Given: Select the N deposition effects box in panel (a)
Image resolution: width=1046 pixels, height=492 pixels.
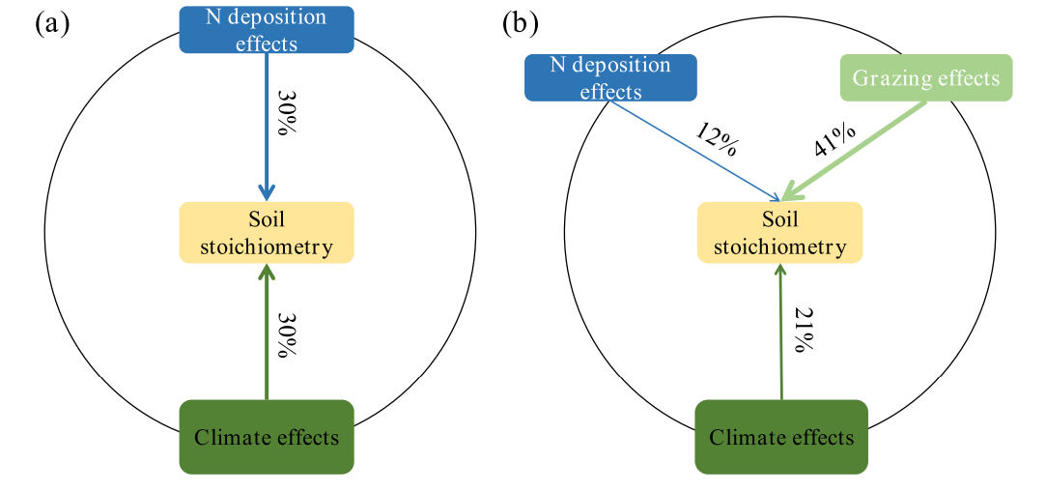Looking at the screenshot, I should pos(267,30).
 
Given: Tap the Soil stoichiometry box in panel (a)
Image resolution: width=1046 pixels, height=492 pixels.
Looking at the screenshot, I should pos(267,233).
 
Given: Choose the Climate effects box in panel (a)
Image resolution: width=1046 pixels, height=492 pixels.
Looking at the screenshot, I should pos(267,437).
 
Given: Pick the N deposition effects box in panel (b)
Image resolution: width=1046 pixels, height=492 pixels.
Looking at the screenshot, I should pos(598,78).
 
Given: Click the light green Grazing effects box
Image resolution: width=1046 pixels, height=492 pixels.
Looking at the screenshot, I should pos(926,78).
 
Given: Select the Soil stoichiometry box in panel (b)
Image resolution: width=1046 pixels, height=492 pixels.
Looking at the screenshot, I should pos(779,233).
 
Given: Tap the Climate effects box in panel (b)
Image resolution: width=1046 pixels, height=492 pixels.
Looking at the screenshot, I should pos(781,437).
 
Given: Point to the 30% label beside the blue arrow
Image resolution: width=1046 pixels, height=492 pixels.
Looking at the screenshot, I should pos(287,114).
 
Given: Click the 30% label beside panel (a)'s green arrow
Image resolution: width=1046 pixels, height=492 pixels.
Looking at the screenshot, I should pos(287,334).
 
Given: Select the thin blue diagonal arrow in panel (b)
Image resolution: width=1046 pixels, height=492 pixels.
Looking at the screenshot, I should pos(695,150).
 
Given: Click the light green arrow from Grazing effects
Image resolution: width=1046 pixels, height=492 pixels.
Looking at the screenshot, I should pos(856,150).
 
